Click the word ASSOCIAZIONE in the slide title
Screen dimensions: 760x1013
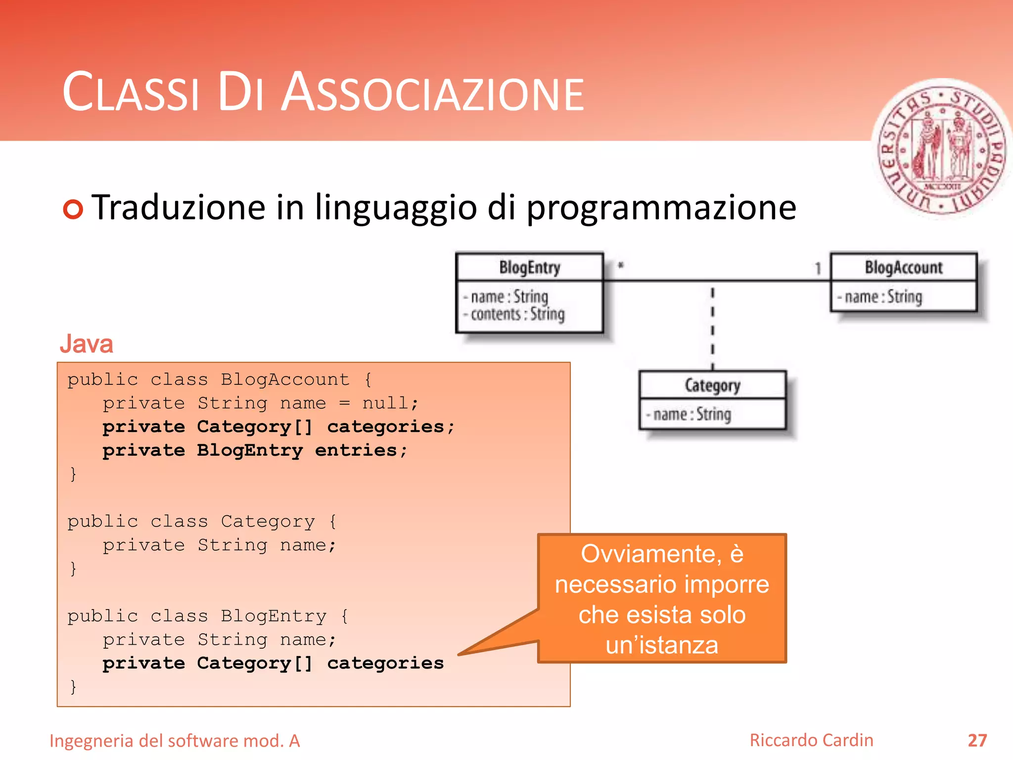coord(433,93)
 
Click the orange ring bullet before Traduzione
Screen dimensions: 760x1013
coord(73,209)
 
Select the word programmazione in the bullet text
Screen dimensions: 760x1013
coord(661,208)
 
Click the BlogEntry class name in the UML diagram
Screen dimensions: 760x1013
coord(529,268)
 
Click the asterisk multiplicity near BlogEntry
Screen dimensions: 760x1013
coord(621,266)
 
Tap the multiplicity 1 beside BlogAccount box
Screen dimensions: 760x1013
coord(818,269)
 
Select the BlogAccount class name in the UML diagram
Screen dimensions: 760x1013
coord(903,268)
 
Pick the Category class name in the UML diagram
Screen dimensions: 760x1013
coord(712,385)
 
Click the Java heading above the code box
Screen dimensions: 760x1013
coord(87,343)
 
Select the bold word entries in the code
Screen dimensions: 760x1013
coord(356,450)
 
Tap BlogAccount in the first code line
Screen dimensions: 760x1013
coord(285,380)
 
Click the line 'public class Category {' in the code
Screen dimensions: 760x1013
coord(202,522)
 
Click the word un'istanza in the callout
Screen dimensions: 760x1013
coord(662,645)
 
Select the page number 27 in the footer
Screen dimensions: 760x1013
coord(977,741)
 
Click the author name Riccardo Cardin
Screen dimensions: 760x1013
coord(811,740)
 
